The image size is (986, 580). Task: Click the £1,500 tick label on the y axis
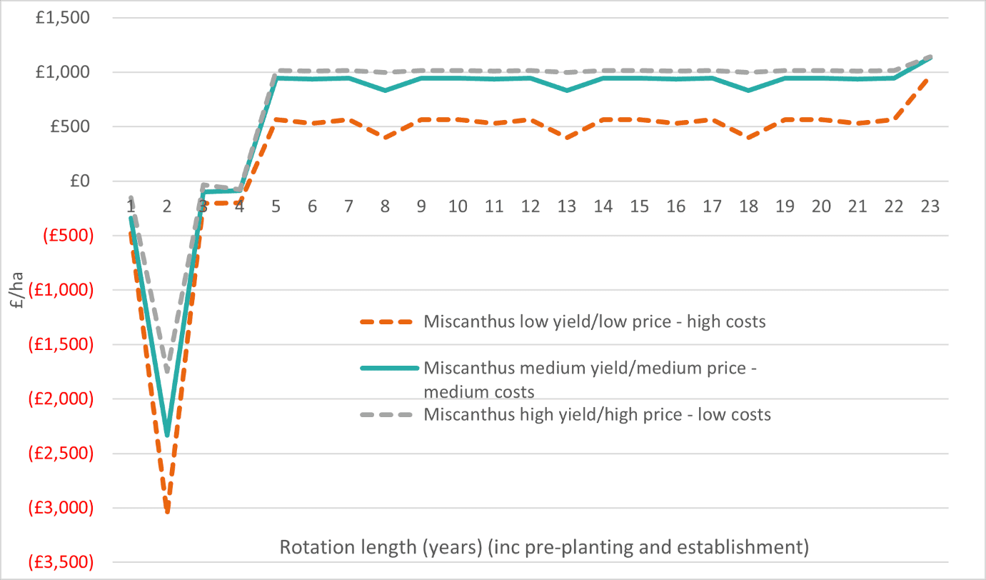coord(65,18)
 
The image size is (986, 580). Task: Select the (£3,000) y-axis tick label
coord(61,508)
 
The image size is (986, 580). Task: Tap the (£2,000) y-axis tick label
coord(61,399)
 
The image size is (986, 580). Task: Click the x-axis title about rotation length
coord(543,548)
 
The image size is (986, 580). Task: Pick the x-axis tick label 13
coord(566,206)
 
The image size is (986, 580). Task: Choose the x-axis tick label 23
coord(930,206)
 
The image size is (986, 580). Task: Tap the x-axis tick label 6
coord(312,206)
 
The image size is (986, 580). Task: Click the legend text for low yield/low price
coord(594,321)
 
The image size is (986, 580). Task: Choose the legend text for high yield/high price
coord(597,414)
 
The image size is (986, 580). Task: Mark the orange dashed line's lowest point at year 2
coord(167,511)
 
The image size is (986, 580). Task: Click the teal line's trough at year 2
coord(167,434)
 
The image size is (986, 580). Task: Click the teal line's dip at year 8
coord(385,91)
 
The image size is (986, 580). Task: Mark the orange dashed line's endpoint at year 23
coord(930,78)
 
